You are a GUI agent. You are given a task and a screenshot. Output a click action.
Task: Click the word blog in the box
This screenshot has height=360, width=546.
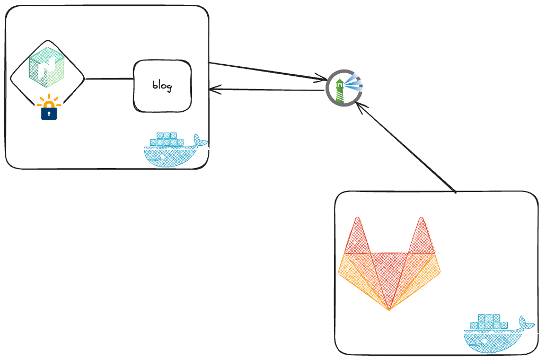(x=162, y=86)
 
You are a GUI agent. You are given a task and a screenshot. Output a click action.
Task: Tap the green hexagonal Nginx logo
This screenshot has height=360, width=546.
(x=47, y=67)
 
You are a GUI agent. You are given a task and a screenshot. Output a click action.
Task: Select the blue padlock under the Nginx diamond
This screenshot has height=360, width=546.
(x=49, y=112)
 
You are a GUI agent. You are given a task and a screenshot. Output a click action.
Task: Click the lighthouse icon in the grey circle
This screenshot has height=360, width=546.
(x=343, y=87)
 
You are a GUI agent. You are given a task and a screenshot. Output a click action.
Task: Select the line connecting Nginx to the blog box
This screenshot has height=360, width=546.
(x=109, y=80)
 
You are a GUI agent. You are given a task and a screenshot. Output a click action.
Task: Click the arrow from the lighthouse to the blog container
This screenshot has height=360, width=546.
(x=265, y=90)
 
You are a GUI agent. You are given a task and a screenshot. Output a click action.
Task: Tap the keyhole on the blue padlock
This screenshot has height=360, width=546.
(x=49, y=113)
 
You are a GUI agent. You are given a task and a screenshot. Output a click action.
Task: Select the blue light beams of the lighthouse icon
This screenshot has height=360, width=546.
(x=354, y=83)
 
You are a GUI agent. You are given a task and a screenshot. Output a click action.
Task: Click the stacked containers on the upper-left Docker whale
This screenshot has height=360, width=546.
(x=166, y=139)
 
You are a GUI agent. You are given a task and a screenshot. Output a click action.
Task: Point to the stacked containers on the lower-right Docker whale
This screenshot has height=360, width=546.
(x=489, y=321)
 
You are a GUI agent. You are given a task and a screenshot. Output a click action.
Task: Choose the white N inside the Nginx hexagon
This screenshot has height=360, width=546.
(x=48, y=68)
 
